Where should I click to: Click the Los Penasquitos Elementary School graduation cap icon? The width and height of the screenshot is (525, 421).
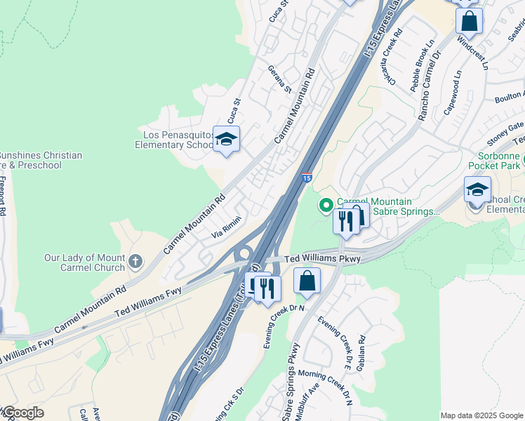(x=226, y=140)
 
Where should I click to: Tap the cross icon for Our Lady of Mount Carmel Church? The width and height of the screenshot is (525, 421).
(x=135, y=262)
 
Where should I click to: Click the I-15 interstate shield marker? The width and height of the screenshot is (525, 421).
(x=307, y=178)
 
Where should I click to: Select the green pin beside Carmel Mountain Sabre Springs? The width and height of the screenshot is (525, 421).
(x=326, y=206)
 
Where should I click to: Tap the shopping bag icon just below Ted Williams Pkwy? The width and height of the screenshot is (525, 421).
(x=307, y=281)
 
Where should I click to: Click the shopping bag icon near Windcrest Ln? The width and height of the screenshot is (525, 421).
(x=469, y=20)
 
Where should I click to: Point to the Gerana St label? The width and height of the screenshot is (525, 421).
(x=279, y=79)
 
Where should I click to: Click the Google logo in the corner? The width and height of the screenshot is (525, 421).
(x=22, y=413)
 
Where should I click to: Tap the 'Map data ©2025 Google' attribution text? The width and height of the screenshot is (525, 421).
(x=481, y=415)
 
